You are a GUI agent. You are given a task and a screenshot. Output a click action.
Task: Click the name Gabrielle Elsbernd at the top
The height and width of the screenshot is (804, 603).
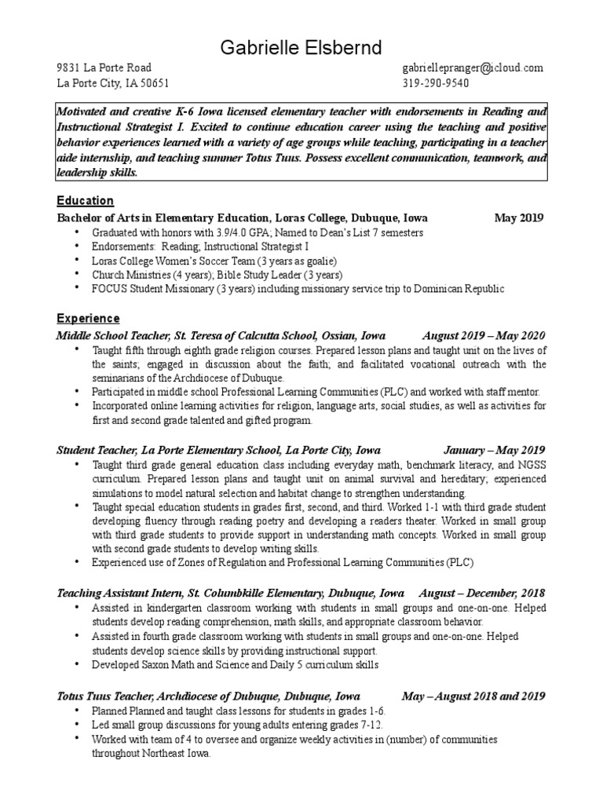point(301,46)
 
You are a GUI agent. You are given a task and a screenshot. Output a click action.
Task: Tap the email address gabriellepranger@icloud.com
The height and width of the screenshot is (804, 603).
point(472,68)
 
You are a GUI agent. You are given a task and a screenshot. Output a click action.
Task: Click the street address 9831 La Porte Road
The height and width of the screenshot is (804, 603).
point(104,68)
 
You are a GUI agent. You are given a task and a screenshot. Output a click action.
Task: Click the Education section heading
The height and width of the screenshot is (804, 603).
point(85,201)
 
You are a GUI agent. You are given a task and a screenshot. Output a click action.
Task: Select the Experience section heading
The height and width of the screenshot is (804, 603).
point(88,319)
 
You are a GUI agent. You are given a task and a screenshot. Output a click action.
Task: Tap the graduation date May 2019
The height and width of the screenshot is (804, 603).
point(518,217)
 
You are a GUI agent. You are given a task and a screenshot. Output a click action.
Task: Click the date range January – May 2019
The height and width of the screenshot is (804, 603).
point(494,451)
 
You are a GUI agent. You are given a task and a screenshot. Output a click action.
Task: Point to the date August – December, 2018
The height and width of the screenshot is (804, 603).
point(481,593)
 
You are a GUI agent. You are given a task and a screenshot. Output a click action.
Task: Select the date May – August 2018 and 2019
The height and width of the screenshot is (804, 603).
point(473,696)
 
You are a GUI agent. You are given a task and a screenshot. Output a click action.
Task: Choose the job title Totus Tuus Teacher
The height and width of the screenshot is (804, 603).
point(104,696)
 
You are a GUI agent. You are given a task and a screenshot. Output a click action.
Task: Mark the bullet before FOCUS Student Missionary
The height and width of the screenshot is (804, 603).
point(78,288)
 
